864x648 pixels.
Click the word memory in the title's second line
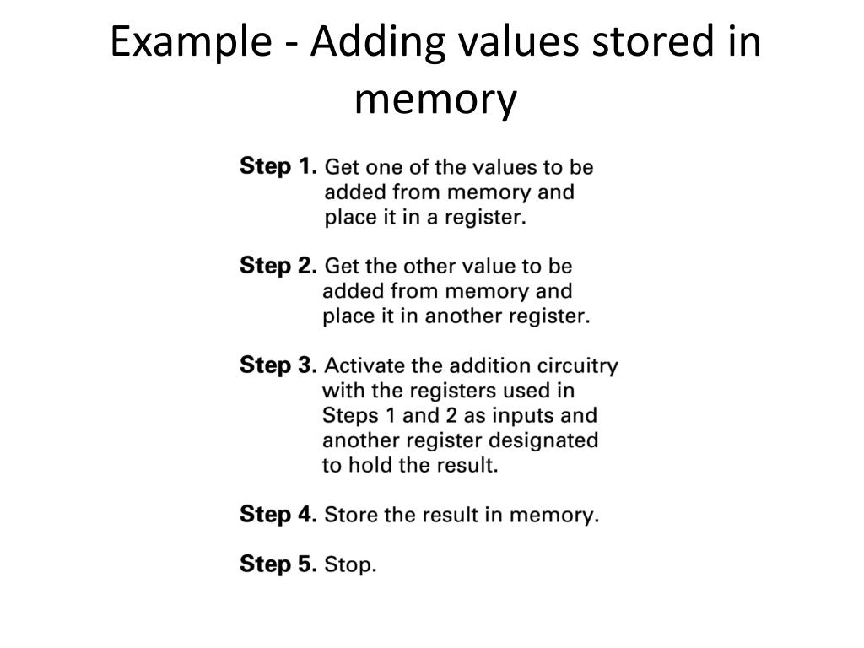click(435, 100)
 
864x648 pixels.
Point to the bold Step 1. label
click(278, 166)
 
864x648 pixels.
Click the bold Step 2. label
click(278, 266)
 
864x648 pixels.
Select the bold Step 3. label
click(278, 365)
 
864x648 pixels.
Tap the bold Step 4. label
click(278, 514)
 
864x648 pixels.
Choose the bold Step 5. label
click(278, 564)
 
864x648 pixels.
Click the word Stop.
click(350, 564)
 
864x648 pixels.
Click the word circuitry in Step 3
click(581, 365)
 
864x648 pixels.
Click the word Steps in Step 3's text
click(348, 415)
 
